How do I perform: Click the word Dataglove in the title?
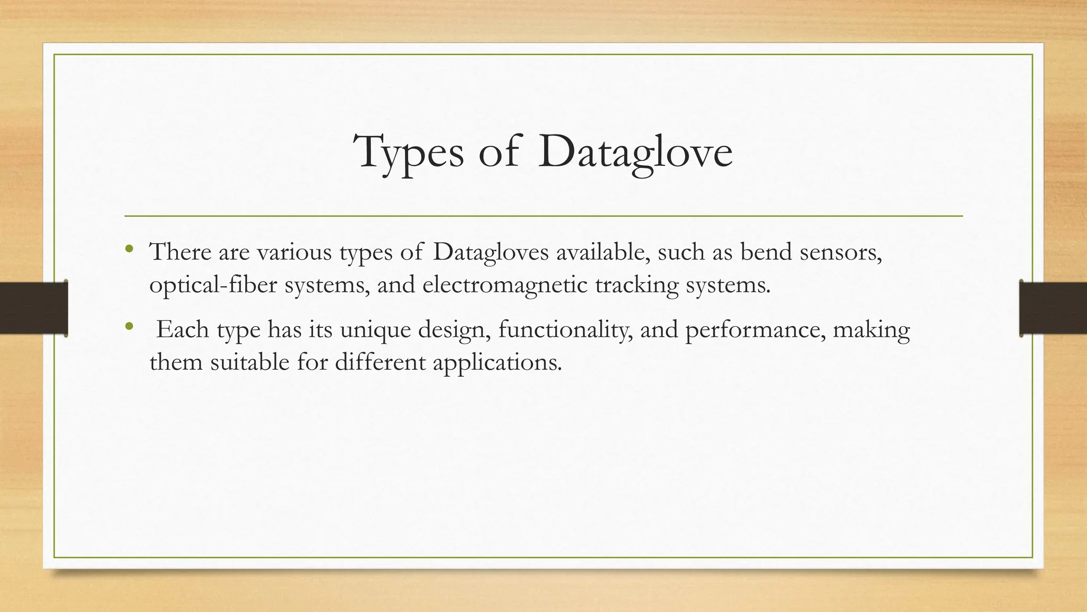pos(635,153)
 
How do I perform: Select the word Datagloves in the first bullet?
pos(490,252)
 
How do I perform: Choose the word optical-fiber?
pos(213,285)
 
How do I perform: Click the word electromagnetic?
pos(505,285)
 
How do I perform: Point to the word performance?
pos(755,329)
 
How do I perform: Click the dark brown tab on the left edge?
pos(33,308)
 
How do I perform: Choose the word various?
pos(295,252)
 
